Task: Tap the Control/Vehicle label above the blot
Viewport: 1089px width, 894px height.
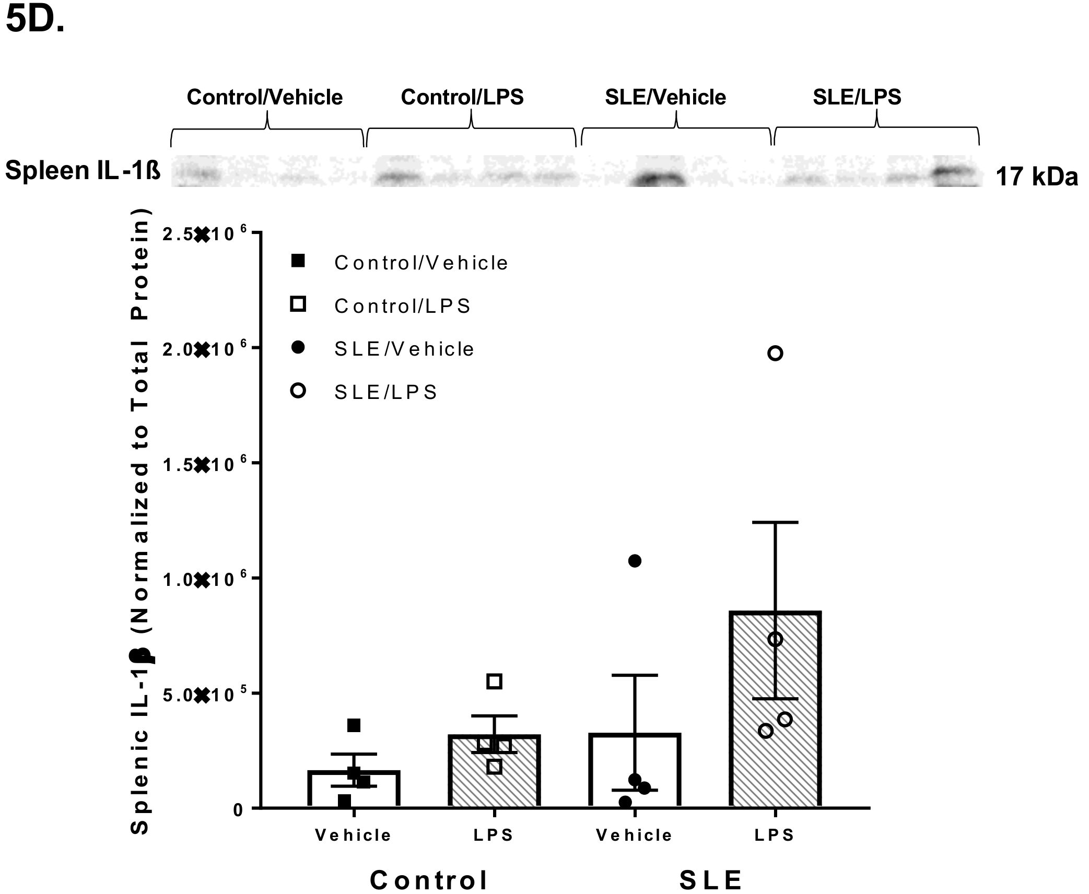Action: tap(264, 98)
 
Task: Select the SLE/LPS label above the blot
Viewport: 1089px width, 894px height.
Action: tap(857, 97)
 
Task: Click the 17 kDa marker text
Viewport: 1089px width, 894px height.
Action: tap(1036, 177)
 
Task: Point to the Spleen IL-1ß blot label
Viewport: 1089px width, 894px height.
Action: tap(83, 171)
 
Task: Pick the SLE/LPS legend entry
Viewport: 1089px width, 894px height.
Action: tap(385, 392)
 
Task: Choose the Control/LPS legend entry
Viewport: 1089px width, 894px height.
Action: tap(402, 306)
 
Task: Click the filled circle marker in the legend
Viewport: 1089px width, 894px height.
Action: tap(298, 348)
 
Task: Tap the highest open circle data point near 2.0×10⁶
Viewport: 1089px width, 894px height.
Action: tap(775, 354)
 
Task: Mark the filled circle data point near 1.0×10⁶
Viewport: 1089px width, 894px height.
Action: tap(635, 561)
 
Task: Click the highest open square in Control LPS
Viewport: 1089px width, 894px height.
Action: tap(494, 681)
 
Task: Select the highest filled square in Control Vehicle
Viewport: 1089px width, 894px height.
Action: tap(354, 725)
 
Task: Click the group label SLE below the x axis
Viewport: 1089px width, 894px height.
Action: tap(710, 880)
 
